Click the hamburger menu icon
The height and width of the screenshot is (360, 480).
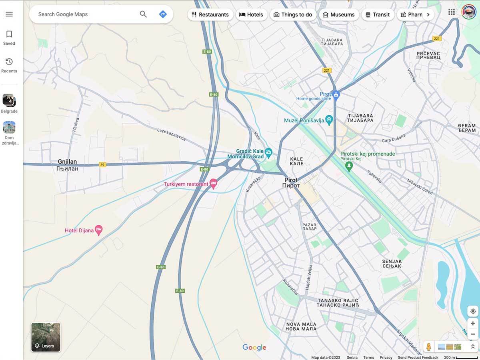point(9,14)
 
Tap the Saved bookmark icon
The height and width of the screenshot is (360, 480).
point(9,34)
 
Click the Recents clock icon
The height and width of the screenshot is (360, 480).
point(9,62)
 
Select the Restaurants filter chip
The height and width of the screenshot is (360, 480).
point(210,15)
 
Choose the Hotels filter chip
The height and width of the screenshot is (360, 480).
point(251,15)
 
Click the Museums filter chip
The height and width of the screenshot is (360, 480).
point(338,15)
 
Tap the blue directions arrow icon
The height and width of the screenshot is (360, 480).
point(163,14)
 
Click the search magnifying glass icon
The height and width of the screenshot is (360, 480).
point(143,14)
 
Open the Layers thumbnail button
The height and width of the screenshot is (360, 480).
point(46,337)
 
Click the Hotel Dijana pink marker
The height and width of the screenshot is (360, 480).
point(99,230)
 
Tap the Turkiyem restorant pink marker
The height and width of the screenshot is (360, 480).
point(213,184)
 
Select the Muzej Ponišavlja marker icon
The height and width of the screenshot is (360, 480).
point(329,120)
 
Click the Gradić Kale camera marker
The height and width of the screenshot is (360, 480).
point(269,152)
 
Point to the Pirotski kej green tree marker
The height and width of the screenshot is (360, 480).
point(349,166)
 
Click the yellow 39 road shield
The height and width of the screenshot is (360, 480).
point(102,165)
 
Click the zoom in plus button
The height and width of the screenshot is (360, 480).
point(473,324)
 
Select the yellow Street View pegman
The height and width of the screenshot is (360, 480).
point(429,347)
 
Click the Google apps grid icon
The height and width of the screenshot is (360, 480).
point(452,12)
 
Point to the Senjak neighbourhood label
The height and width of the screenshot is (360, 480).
point(392,264)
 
